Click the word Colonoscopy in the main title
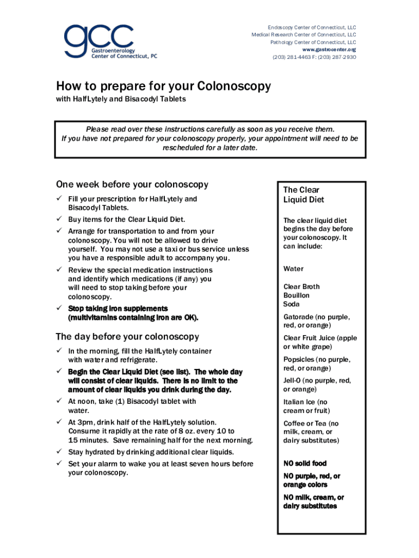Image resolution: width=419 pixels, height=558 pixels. pos(233,87)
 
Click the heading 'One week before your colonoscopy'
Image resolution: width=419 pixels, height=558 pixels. pos(132,185)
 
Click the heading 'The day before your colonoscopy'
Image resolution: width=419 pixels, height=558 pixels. pos(127,337)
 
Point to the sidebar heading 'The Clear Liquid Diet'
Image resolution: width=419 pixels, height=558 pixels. pos(303,195)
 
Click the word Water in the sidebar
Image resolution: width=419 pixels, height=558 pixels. pos(293,269)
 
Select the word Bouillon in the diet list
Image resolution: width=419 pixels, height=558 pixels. pos(297,295)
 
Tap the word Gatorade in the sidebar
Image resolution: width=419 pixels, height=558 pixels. pos(298,317)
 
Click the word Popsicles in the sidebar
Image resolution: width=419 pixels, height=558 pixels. pos(299,360)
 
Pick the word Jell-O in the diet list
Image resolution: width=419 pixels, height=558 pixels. pos(293,381)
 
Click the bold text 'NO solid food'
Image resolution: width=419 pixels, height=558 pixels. pos(305,463)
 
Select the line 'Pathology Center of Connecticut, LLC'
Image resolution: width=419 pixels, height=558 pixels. pos(313,42)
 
